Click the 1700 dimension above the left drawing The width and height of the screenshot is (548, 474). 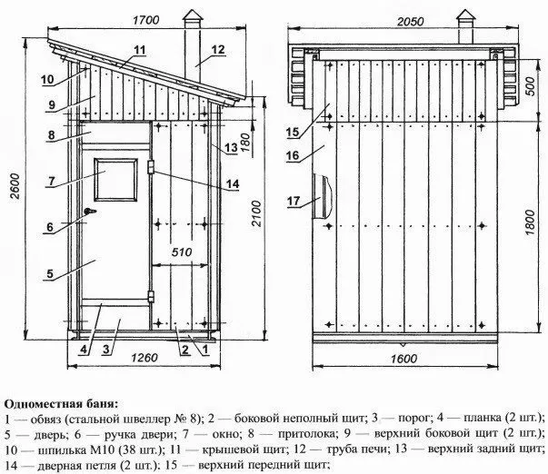[145, 20]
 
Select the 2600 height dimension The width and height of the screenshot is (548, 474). [15, 186]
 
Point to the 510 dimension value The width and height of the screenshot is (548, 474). [182, 252]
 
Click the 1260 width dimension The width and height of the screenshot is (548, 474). [144, 358]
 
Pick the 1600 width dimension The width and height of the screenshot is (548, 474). [404, 359]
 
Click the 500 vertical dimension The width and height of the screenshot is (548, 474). [530, 86]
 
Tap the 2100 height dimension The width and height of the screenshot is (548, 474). [256, 213]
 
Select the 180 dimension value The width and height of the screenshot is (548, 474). [245, 143]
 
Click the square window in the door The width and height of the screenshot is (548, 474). [116, 180]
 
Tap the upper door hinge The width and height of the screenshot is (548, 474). [151, 166]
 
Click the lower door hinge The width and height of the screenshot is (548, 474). [151, 296]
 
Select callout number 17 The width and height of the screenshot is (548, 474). [294, 201]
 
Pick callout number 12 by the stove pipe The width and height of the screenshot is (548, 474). [218, 50]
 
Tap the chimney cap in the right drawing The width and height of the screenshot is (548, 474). [465, 15]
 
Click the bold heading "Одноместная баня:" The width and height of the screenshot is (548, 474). [62, 404]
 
